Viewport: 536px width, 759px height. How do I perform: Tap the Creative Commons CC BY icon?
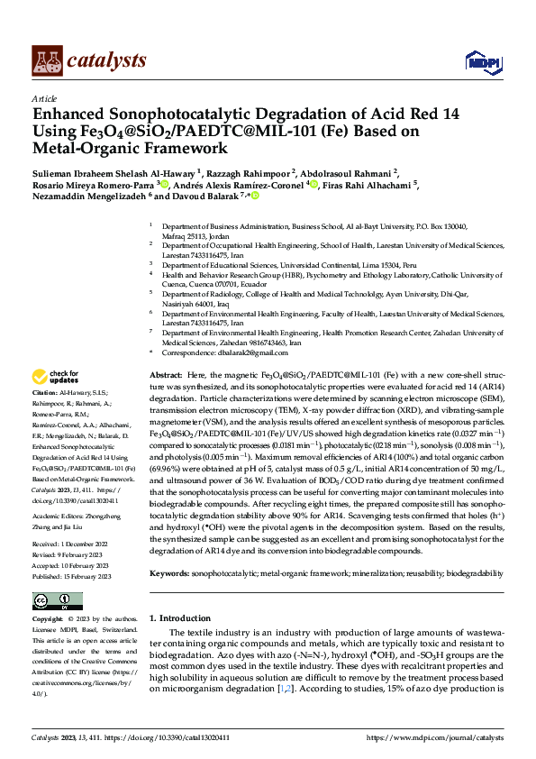coord(46,600)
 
